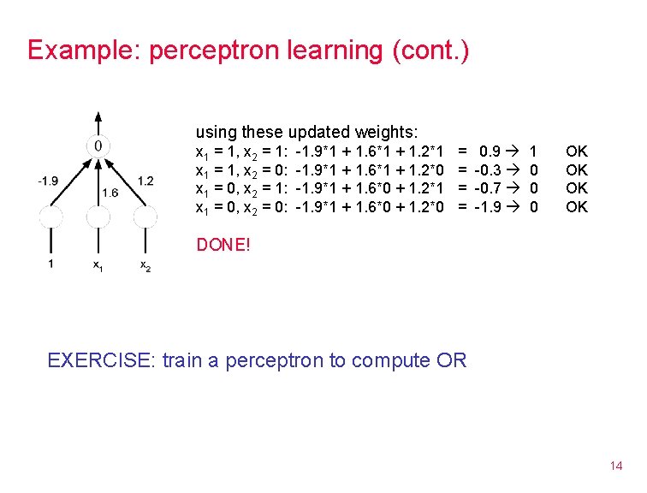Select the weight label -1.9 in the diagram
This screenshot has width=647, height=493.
[48, 181]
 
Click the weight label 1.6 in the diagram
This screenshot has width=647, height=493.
[110, 193]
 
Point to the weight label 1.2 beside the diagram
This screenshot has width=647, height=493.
[145, 181]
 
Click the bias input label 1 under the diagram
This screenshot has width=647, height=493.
[50, 264]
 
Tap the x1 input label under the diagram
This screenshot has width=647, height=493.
[98, 265]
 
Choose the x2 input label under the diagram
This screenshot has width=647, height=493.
[146, 265]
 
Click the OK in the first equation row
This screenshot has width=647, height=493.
[577, 151]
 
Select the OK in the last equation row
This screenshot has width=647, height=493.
[577, 206]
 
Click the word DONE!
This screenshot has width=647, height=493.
[223, 245]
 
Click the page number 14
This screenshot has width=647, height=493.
[615, 466]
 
